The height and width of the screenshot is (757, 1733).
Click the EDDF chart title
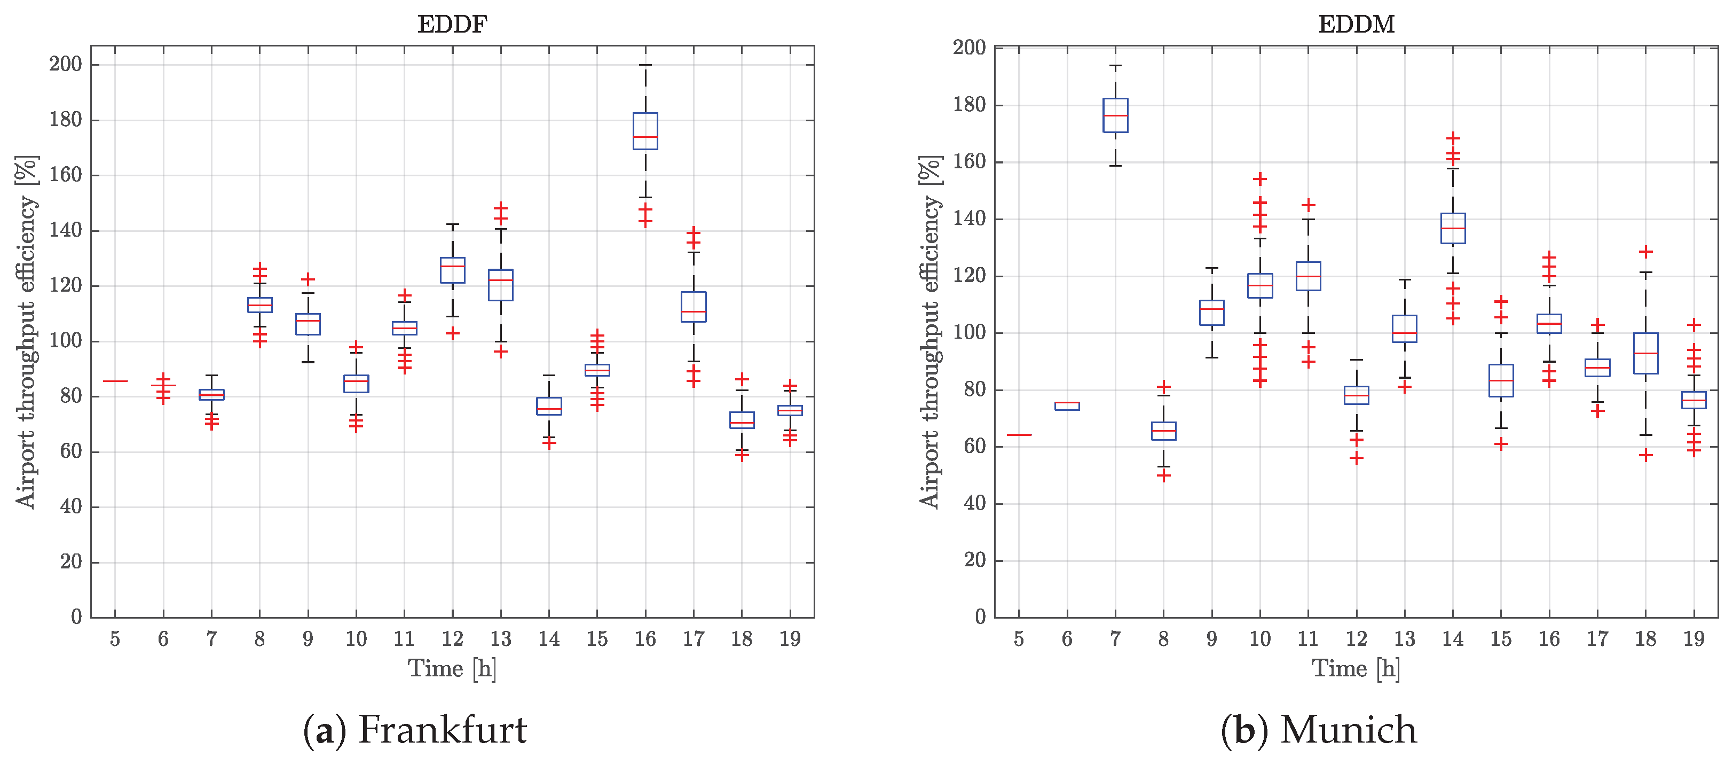click(452, 24)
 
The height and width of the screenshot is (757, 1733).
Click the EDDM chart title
click(1356, 24)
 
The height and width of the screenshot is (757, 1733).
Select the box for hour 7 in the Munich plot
click(1115, 115)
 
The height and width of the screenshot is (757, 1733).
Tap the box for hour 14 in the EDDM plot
click(1453, 228)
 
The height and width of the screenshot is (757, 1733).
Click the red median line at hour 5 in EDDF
click(115, 381)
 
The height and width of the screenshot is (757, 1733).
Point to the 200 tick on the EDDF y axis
click(65, 65)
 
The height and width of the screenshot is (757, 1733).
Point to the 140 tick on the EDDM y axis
click(969, 218)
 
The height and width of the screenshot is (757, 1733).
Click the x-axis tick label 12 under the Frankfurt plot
click(452, 638)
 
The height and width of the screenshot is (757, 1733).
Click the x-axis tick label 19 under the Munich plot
click(1694, 638)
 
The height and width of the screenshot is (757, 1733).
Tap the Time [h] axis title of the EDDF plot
click(452, 669)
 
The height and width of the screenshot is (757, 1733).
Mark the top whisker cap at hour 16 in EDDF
click(645, 65)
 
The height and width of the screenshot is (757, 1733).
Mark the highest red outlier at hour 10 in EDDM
click(1260, 179)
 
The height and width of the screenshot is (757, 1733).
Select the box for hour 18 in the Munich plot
click(1645, 353)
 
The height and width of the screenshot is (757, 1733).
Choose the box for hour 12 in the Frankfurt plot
click(452, 270)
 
